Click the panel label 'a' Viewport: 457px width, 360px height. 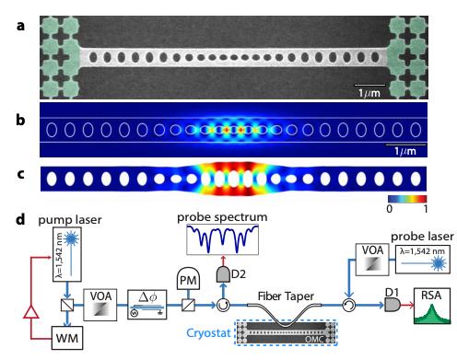tap(8, 14)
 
